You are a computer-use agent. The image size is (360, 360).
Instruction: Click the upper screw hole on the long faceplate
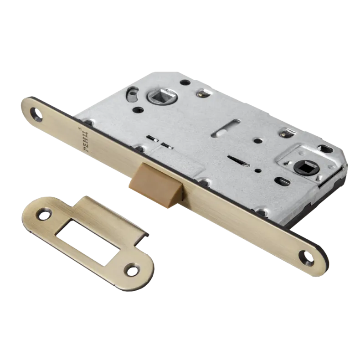point(37,113)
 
